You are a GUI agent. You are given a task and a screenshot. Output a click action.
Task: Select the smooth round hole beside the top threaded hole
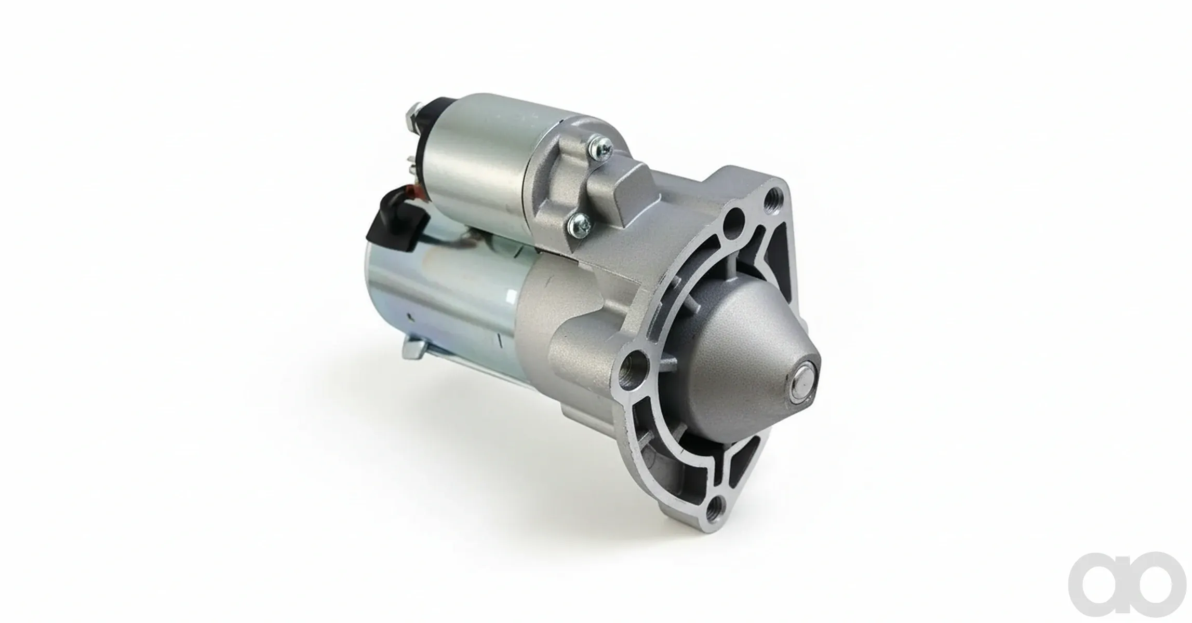733,219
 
